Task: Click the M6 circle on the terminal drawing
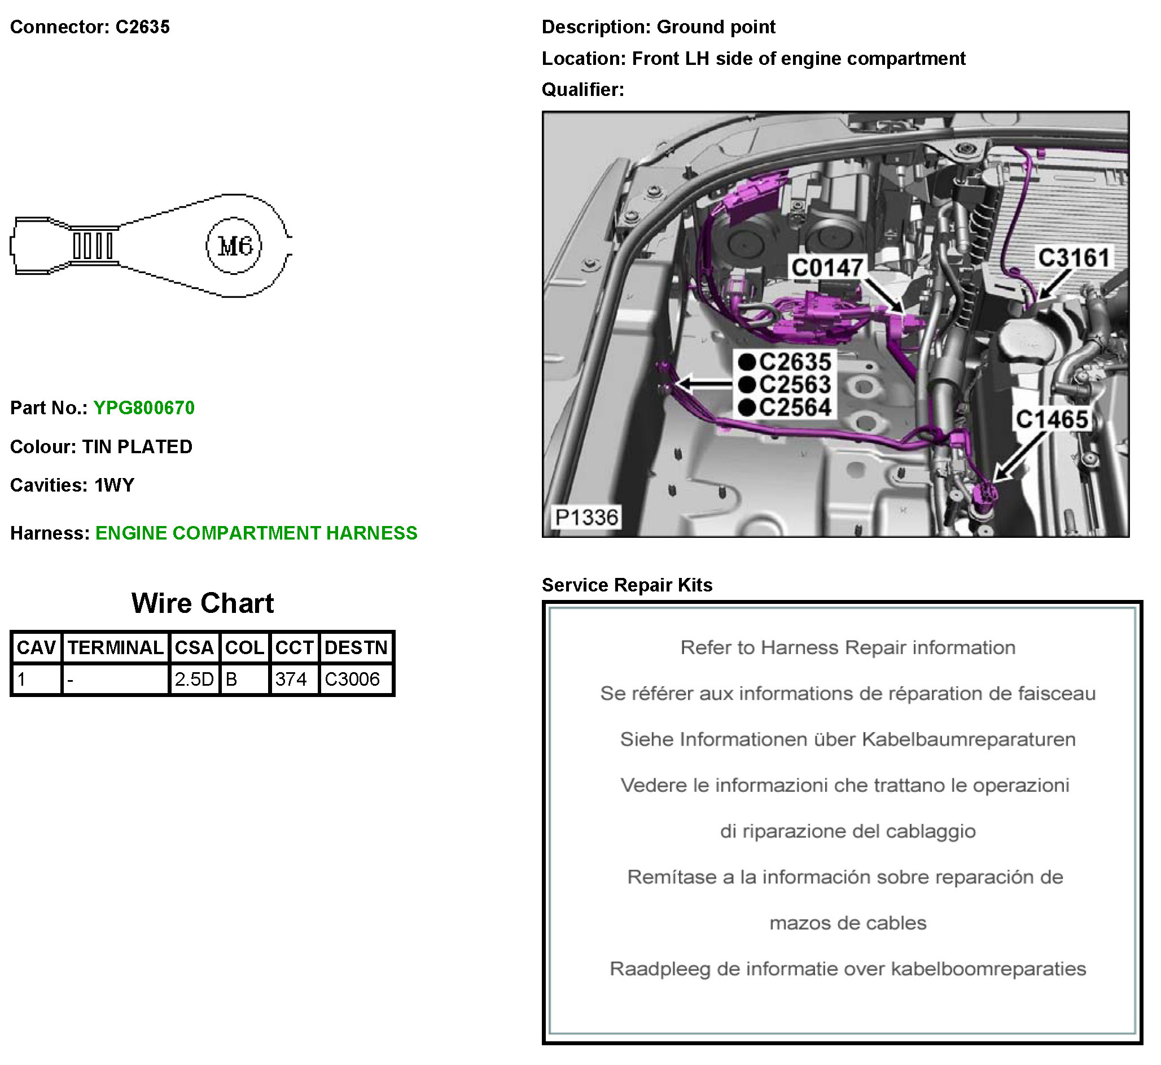pos(234,247)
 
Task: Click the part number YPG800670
pos(144,408)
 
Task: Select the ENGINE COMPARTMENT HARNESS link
pos(256,533)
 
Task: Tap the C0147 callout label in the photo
pos(827,268)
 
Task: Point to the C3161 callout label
pos(1074,258)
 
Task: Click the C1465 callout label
pos(1052,419)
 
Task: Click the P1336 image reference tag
pos(586,518)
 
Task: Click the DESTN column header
pos(356,648)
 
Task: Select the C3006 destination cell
pos(352,680)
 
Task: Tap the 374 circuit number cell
pos(291,680)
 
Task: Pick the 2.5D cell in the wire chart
pos(194,680)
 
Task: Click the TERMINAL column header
pos(115,648)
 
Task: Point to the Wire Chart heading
pos(202,603)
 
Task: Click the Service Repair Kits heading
pos(627,585)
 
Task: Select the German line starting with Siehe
pos(848,739)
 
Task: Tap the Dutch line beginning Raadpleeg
pos(848,968)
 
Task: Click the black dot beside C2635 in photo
pos(747,362)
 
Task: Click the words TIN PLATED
pos(137,446)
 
